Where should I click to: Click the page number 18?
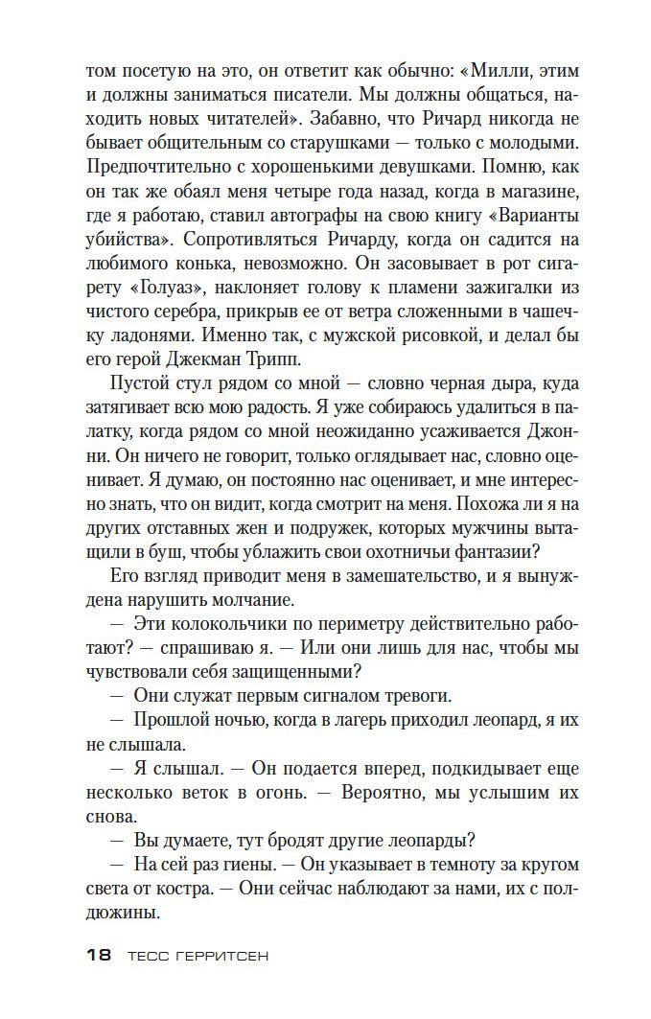pyautogui.click(x=99, y=955)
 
